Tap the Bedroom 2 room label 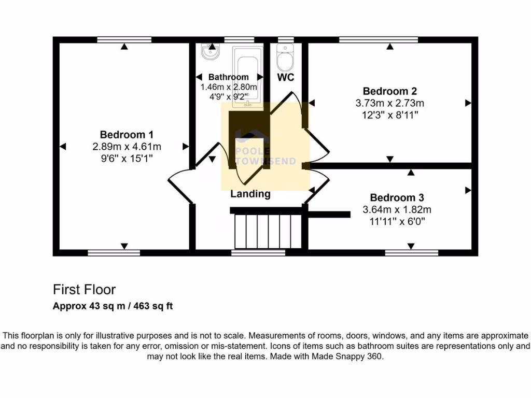(390, 92)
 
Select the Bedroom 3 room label (397, 198)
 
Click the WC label (286, 78)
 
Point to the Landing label (250, 194)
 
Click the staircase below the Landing (265, 232)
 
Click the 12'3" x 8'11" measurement (390, 115)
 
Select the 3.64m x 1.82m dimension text (397, 210)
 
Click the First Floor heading (85, 289)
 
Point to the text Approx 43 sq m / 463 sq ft (113, 306)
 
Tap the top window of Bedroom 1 (124, 39)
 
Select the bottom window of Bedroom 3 (412, 253)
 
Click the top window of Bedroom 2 (379, 39)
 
